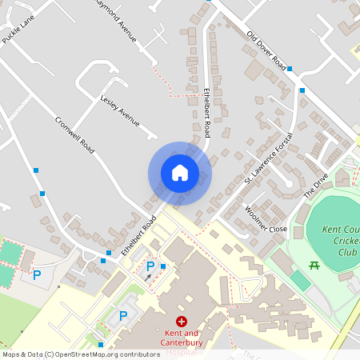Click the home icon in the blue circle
pyautogui.click(x=179, y=173)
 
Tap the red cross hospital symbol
pyautogui.click(x=181, y=321)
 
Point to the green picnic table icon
pyautogui.click(x=314, y=265)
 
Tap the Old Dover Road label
pyautogui.click(x=266, y=50)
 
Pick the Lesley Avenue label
pyautogui.click(x=120, y=111)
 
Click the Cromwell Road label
pyautogui.click(x=75, y=136)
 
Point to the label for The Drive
pyautogui.click(x=316, y=187)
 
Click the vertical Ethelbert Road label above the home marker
pyautogui.click(x=206, y=111)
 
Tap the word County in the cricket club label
pyautogui.click(x=350, y=230)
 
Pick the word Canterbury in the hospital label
pyautogui.click(x=181, y=343)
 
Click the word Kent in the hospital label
pyautogui.click(x=172, y=333)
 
